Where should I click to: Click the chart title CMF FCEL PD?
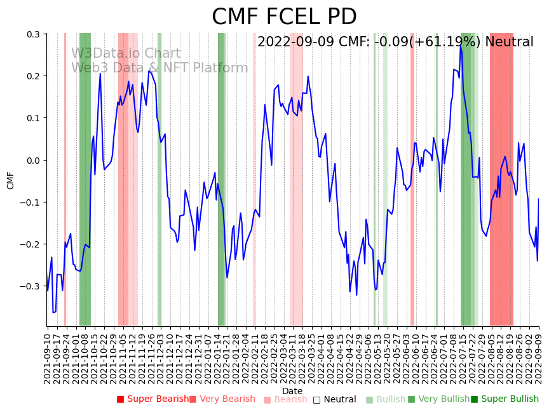point(284,17)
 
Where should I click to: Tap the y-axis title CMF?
point(11,180)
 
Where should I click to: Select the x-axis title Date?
point(292,391)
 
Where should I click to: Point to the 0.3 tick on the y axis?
point(32,34)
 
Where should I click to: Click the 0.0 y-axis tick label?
point(32,160)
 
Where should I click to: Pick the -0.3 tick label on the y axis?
point(30,286)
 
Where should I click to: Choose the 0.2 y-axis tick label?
point(32,76)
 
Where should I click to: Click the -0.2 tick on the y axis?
point(30,244)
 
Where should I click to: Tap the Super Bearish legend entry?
point(152,399)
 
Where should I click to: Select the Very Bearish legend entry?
point(222,399)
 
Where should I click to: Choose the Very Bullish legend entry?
point(438,399)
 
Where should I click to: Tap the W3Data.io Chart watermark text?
point(126,53)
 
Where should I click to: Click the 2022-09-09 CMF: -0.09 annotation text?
point(395,43)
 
